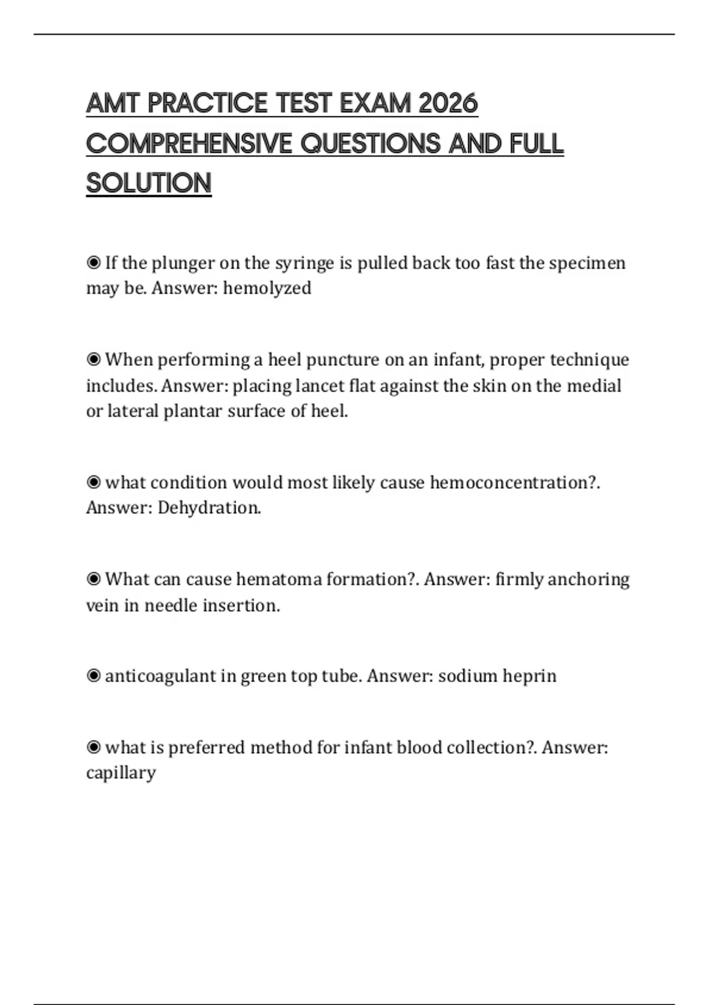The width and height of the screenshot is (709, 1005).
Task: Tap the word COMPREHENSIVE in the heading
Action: pyautogui.click(x=189, y=144)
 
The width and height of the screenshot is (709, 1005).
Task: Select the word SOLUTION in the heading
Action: pyautogui.click(x=149, y=183)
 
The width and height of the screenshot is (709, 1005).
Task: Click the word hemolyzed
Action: pyautogui.click(x=267, y=288)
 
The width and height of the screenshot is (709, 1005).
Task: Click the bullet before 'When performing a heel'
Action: pyautogui.click(x=93, y=359)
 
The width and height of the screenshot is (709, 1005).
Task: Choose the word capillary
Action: pyautogui.click(x=121, y=773)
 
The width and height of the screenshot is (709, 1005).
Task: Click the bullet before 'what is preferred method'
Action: pyautogui.click(x=93, y=747)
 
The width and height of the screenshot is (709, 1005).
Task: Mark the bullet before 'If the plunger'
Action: pyautogui.click(x=93, y=262)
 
